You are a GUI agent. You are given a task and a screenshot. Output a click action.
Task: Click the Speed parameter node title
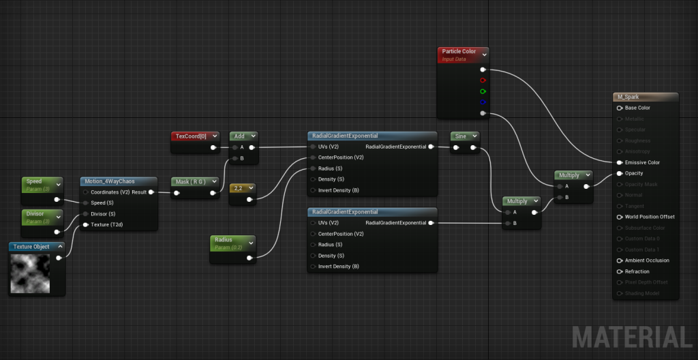pos(34,181)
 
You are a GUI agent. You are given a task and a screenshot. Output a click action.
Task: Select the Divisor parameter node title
pos(35,213)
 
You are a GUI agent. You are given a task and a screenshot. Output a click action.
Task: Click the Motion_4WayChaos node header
pos(109,181)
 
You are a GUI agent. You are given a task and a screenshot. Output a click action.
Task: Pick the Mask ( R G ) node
pos(194,181)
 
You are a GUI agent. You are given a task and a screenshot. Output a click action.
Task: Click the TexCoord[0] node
pos(192,136)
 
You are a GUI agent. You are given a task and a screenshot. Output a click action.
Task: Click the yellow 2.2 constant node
pos(238,187)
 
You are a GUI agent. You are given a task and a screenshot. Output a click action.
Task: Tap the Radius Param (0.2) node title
pos(224,240)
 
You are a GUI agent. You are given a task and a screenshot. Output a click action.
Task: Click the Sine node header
pos(461,136)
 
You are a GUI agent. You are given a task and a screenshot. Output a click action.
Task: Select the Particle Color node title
pos(459,51)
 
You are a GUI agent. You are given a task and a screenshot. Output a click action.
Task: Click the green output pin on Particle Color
pos(483,91)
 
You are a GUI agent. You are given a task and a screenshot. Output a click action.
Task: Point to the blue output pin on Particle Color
pos(483,102)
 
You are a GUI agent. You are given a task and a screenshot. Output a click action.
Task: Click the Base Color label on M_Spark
pos(637,108)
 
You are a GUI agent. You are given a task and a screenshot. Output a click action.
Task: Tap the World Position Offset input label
pos(650,217)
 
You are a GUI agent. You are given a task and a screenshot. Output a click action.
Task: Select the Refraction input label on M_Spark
pos(637,271)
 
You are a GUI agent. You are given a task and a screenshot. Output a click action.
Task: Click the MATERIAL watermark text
pos(631,337)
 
